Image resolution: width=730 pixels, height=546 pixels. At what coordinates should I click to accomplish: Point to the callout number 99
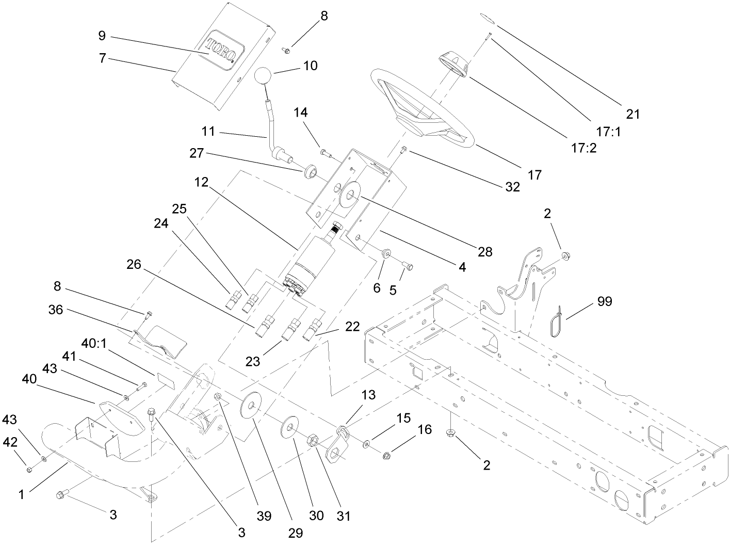605,301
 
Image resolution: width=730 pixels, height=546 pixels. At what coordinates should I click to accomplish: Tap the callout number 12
202,183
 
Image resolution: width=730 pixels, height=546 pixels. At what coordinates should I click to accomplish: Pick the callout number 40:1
93,343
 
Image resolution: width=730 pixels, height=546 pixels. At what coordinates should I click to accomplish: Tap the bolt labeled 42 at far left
29,469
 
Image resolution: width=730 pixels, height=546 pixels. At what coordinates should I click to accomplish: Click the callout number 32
512,187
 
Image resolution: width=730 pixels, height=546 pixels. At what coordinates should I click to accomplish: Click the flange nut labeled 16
386,455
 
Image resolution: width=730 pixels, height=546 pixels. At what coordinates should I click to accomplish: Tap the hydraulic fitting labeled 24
234,299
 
